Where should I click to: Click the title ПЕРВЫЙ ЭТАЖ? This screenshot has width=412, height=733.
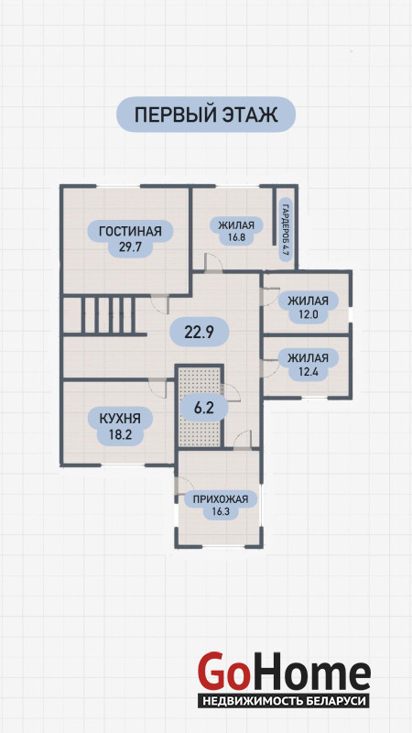(x=205, y=115)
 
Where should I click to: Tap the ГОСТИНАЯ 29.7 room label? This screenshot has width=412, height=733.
(x=130, y=238)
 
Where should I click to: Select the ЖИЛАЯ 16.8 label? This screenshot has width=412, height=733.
(x=237, y=231)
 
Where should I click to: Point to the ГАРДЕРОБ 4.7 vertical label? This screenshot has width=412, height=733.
(x=285, y=229)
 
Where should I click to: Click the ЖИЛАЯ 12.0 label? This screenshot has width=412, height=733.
(x=309, y=307)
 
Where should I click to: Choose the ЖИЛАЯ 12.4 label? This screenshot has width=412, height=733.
(x=308, y=365)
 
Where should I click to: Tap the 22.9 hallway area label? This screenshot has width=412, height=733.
(x=199, y=332)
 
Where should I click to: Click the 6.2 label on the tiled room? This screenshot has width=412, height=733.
(x=203, y=408)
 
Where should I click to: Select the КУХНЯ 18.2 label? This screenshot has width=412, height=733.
(x=120, y=426)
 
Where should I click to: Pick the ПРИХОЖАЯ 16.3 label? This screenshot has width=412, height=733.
(x=221, y=506)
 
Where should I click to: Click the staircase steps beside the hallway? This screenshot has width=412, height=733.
(x=108, y=315)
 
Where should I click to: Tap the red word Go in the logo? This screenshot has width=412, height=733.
(x=222, y=671)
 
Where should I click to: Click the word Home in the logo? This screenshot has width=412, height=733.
(x=309, y=671)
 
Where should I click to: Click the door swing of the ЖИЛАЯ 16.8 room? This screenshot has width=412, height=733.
(x=212, y=262)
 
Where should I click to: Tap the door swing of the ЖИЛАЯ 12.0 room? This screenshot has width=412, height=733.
(x=270, y=296)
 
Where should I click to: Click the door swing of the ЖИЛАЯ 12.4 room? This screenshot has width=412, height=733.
(x=270, y=368)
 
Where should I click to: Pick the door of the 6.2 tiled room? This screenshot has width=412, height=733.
(x=231, y=393)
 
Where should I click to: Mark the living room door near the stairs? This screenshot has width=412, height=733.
(x=159, y=305)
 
